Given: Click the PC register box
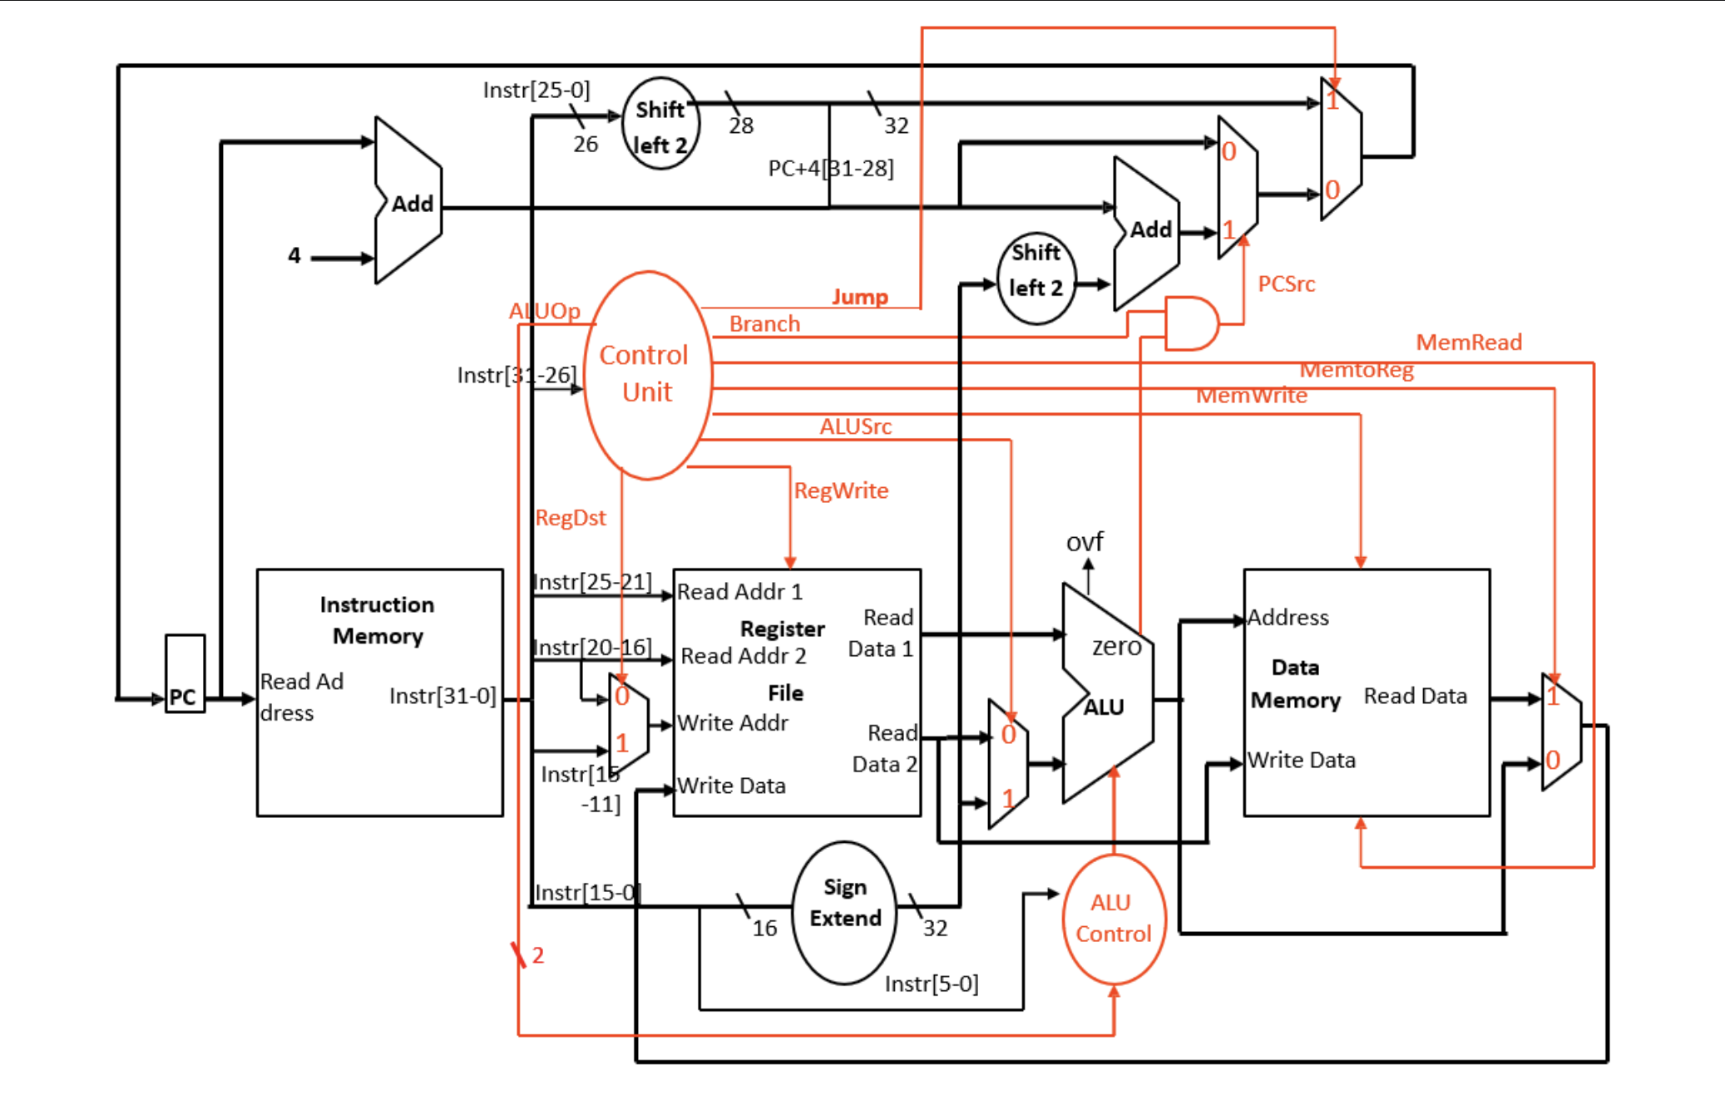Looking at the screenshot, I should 185,673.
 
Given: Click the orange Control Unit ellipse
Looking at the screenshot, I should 647,375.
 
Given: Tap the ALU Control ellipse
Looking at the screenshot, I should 1113,919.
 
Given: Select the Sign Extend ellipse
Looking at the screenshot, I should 844,912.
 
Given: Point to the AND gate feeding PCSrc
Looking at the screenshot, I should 1189,323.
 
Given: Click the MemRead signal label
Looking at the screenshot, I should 1468,342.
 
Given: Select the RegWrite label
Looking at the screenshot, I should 841,490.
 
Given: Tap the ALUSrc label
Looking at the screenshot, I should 855,426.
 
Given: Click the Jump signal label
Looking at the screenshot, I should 859,297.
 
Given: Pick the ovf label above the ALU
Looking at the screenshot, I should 1084,542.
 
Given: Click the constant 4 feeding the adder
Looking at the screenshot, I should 294,255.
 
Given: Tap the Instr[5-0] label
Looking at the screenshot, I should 931,984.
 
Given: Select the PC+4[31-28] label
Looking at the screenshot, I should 830,169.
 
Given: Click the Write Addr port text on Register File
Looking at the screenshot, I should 732,723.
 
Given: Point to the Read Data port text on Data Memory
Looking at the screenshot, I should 1415,696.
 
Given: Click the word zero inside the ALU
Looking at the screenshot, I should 1115,647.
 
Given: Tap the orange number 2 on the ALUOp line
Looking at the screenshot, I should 538,955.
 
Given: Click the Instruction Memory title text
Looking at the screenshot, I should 378,620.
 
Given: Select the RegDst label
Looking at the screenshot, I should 570,518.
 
